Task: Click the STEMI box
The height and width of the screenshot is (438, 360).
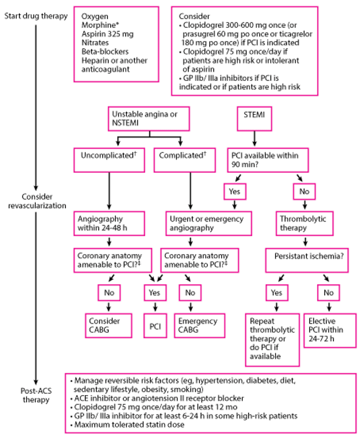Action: pyautogui.click(x=254, y=119)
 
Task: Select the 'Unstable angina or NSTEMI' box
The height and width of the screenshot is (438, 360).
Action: pyautogui.click(x=149, y=119)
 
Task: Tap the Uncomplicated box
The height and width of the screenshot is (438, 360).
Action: pyautogui.click(x=109, y=160)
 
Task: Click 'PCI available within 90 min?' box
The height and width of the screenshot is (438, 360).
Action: pyautogui.click(x=268, y=160)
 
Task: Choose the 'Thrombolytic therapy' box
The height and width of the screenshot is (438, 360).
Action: pyautogui.click(x=305, y=223)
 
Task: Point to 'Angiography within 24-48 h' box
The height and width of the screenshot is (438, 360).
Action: pyautogui.click(x=109, y=223)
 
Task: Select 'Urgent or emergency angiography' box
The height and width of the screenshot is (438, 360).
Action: pyautogui.click(x=208, y=223)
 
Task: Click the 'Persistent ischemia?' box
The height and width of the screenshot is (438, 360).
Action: pyautogui.click(x=307, y=260)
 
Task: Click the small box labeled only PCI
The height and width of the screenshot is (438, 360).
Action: pyautogui.click(x=155, y=325)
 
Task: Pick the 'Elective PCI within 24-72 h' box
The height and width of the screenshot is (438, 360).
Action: pyautogui.click(x=330, y=330)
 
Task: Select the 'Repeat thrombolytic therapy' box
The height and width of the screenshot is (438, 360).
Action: pyautogui.click(x=273, y=339)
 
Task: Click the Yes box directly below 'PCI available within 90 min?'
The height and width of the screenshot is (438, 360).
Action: pyautogui.click(x=235, y=192)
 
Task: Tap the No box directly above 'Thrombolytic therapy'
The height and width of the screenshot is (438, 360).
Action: pyautogui.click(x=304, y=192)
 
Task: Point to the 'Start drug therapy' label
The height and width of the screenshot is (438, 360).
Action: pyautogui.click(x=36, y=16)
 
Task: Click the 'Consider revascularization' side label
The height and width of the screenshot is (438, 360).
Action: pyautogui.click(x=37, y=201)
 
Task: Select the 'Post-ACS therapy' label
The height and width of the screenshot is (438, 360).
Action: pyautogui.click(x=36, y=395)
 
